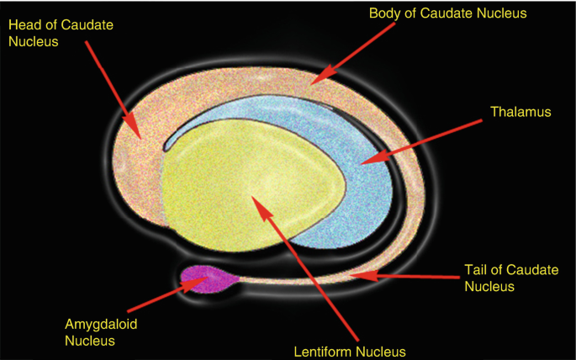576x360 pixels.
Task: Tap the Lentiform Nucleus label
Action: click(x=349, y=351)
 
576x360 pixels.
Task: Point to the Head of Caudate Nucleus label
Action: click(x=60, y=33)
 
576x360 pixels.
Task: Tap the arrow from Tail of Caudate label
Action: click(x=404, y=275)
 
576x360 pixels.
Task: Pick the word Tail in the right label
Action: click(x=476, y=270)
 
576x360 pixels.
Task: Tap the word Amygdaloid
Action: click(x=89, y=325)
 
